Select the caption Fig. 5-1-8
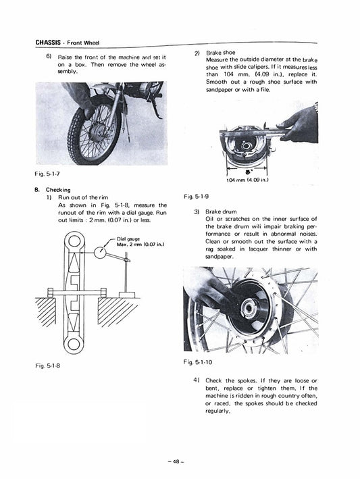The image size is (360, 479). click(47, 365)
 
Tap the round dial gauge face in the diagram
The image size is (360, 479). click(101, 254)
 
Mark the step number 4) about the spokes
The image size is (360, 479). click(197, 381)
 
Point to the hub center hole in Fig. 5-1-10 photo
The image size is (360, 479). click(252, 313)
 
